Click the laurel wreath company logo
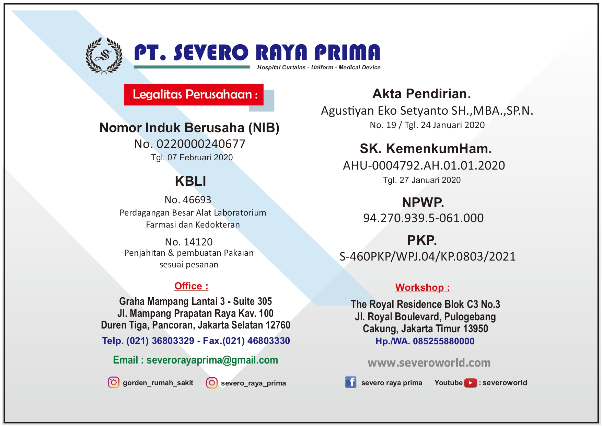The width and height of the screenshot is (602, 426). coord(104,56)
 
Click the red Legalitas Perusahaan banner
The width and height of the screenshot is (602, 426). coord(194,94)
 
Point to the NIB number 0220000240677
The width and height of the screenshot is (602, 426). coord(201,144)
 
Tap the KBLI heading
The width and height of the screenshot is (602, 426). coord(190,181)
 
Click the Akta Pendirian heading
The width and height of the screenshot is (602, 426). coord(421,94)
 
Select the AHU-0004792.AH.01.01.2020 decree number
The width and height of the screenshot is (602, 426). coord(424,165)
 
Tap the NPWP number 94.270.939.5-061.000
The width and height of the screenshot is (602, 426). coord(423,218)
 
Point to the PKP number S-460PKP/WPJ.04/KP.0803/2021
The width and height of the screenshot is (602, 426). coord(427,256)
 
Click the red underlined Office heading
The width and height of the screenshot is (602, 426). coord(191,286)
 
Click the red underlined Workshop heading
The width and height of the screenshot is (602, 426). coord(422,287)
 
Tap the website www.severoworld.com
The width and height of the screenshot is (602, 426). coord(429,362)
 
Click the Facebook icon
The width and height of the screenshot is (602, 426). coord(350,382)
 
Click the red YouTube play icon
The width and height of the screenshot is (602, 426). coord(470,383)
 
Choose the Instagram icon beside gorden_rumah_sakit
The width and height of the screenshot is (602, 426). coord(114,382)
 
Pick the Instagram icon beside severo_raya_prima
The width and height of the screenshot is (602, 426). coord(212,383)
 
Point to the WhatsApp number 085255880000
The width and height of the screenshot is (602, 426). coord(443,341)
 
